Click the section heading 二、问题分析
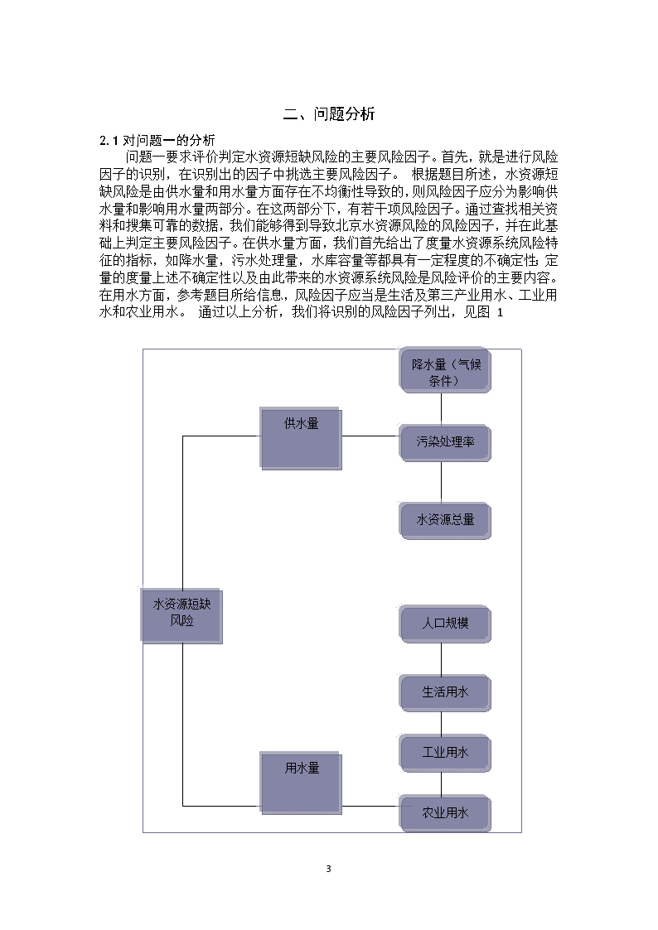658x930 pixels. (x=329, y=114)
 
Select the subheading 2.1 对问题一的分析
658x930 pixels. (x=157, y=140)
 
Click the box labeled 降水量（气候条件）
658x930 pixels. (x=445, y=370)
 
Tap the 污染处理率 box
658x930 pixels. (x=445, y=443)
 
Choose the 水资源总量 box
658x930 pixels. (x=445, y=521)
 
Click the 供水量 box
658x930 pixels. (x=301, y=438)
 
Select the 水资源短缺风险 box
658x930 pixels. (x=181, y=615)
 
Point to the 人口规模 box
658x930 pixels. (x=445, y=624)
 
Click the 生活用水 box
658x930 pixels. (x=445, y=693)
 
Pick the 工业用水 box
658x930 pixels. (x=445, y=754)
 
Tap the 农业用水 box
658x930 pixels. (x=445, y=813)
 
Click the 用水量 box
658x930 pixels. (x=301, y=783)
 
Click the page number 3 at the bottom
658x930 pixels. (x=329, y=869)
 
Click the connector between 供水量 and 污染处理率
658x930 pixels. (x=370, y=436)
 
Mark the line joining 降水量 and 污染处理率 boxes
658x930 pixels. (x=442, y=408)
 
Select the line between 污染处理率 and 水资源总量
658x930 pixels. (x=442, y=482)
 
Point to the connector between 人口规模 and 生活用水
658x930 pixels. (x=442, y=658)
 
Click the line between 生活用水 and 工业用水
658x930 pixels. (x=442, y=723)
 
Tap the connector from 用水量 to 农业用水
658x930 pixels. (x=370, y=806)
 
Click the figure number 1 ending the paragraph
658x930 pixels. (x=500, y=312)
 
